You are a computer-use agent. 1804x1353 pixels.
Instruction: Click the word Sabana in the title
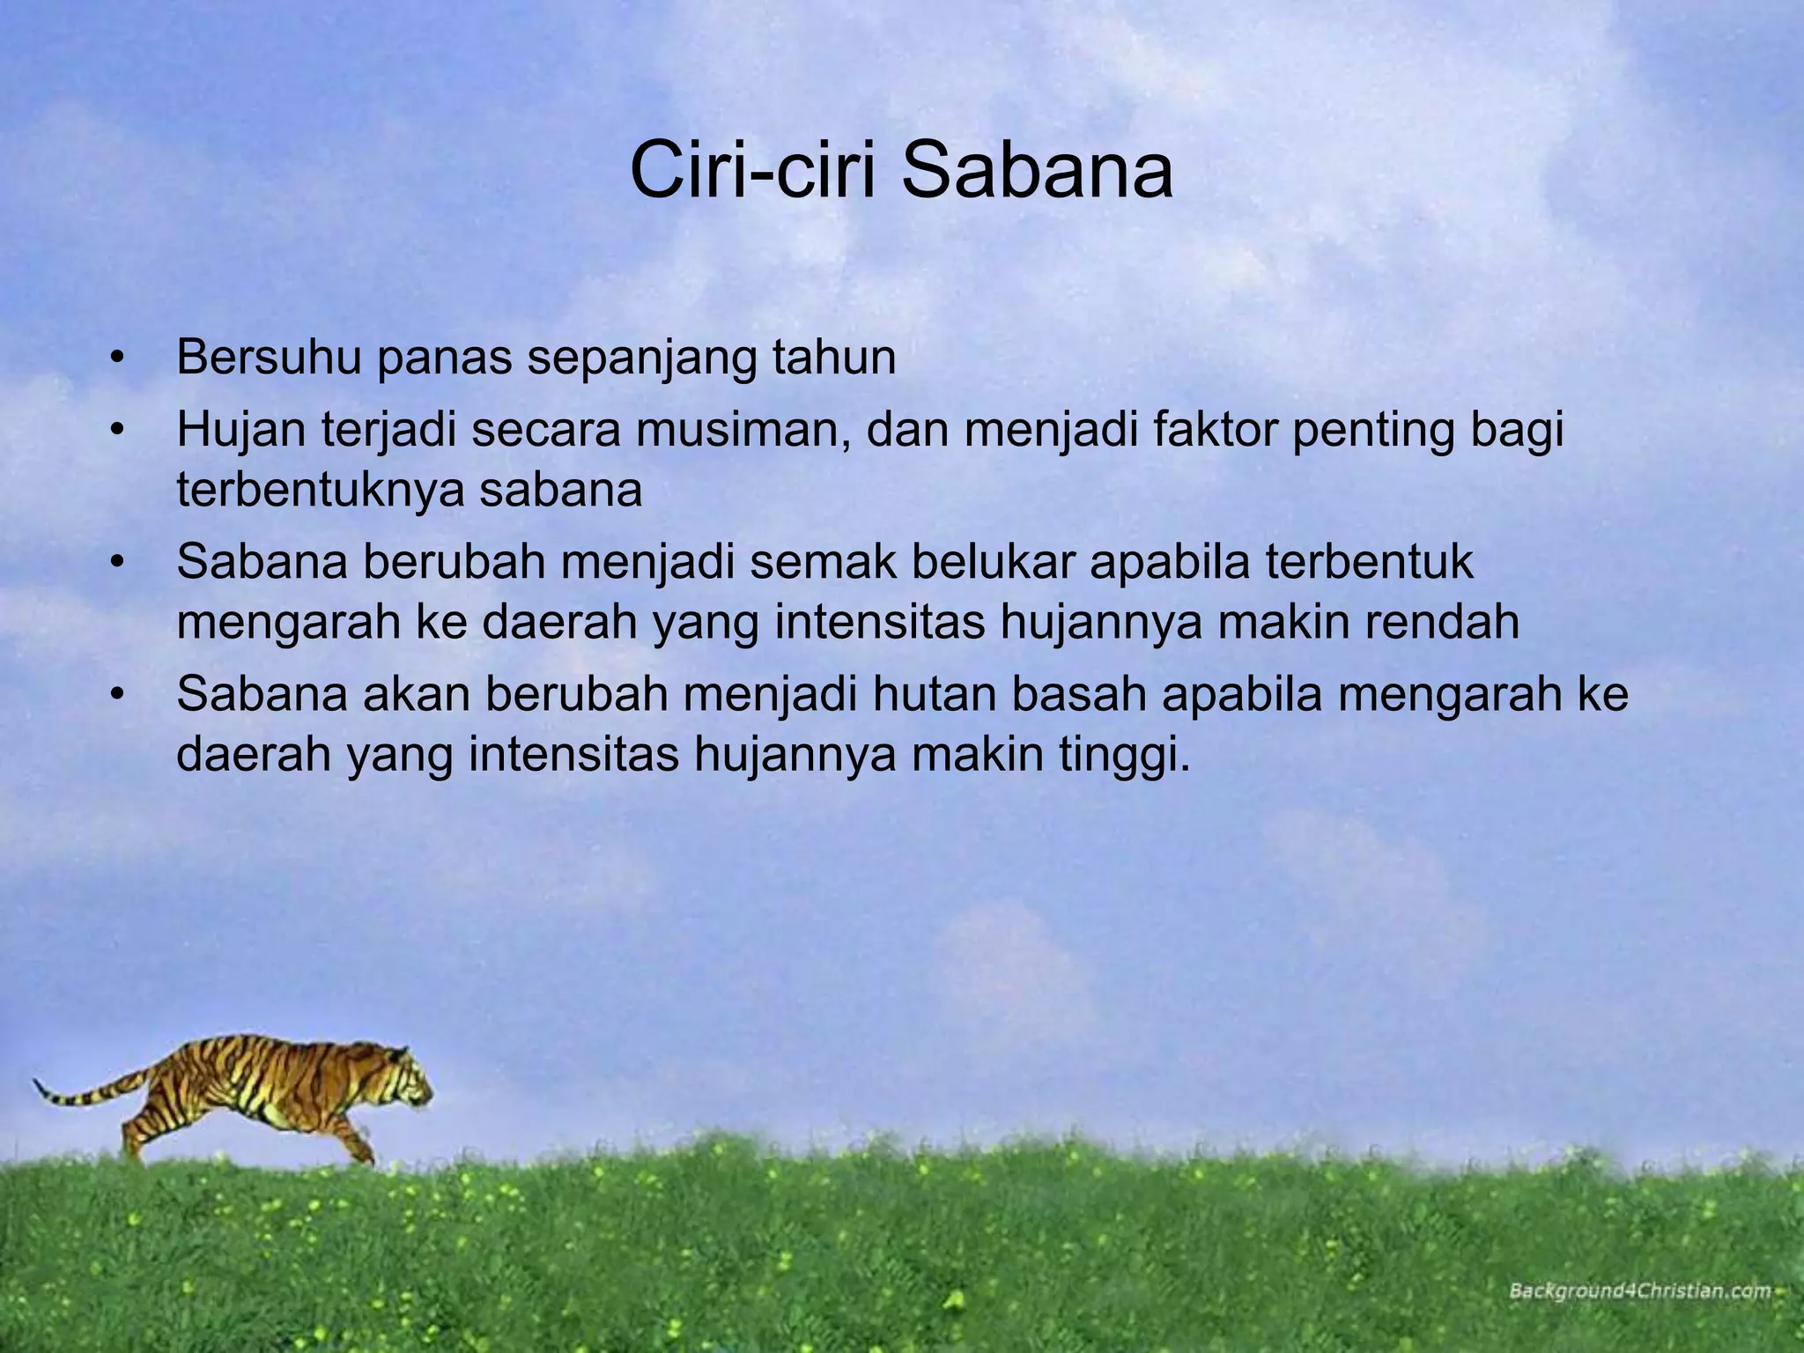point(1038,171)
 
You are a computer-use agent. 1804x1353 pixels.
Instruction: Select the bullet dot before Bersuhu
point(116,359)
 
